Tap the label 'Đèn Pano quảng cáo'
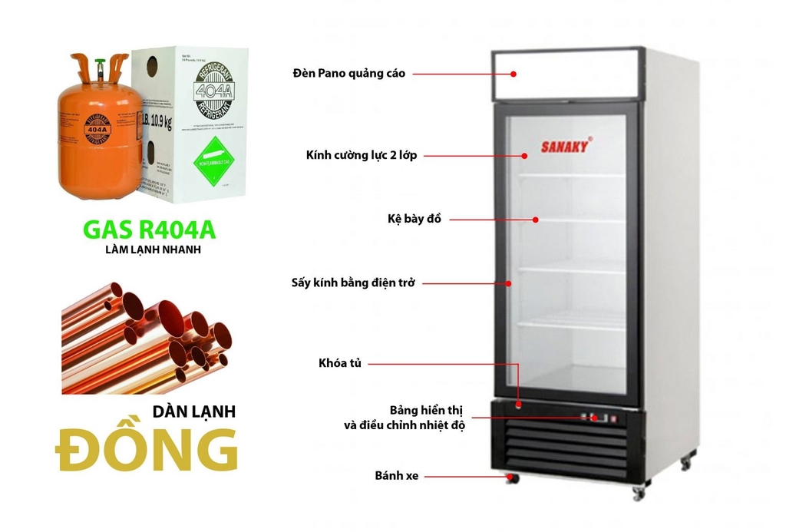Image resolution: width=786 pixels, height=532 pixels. click(x=349, y=74)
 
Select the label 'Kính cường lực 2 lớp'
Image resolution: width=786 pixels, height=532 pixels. click(x=361, y=156)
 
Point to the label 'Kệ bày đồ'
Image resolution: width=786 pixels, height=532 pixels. click(x=414, y=220)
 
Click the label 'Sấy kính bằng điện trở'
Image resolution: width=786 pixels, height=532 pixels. click(x=353, y=283)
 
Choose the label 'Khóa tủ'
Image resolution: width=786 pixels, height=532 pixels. click(x=339, y=362)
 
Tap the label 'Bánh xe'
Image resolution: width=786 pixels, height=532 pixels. click(x=397, y=476)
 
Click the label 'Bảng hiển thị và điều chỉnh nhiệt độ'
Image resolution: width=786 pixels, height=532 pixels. click(x=405, y=417)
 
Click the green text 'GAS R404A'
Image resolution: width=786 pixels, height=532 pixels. click(x=149, y=230)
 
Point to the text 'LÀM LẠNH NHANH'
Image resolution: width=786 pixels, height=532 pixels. click(x=148, y=250)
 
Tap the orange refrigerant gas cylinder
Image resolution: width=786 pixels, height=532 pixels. click(x=98, y=134)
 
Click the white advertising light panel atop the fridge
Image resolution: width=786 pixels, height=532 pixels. click(x=566, y=75)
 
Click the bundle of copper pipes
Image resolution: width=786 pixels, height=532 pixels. click(x=147, y=338)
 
